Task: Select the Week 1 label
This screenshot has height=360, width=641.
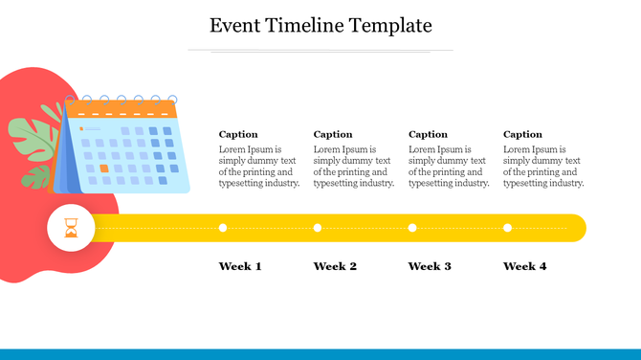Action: [x=240, y=266]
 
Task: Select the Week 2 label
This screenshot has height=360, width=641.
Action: [x=335, y=266]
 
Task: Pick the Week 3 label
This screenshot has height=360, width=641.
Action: [x=430, y=266]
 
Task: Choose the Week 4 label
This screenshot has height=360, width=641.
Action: [x=524, y=266]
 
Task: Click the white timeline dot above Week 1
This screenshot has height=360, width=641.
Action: [x=223, y=228]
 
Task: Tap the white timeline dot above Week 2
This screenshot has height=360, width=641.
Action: [x=318, y=228]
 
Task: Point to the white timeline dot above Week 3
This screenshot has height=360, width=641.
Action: [x=412, y=228]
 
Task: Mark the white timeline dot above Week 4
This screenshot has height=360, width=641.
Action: [x=507, y=228]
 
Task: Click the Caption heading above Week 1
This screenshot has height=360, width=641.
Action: [x=238, y=134]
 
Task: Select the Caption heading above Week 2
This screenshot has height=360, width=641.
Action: [x=333, y=134]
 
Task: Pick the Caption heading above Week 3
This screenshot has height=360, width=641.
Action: [x=428, y=134]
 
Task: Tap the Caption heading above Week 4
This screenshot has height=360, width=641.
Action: [x=522, y=134]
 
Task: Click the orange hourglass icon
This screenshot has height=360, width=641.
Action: [x=70, y=228]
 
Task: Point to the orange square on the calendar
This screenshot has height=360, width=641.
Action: [x=104, y=169]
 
